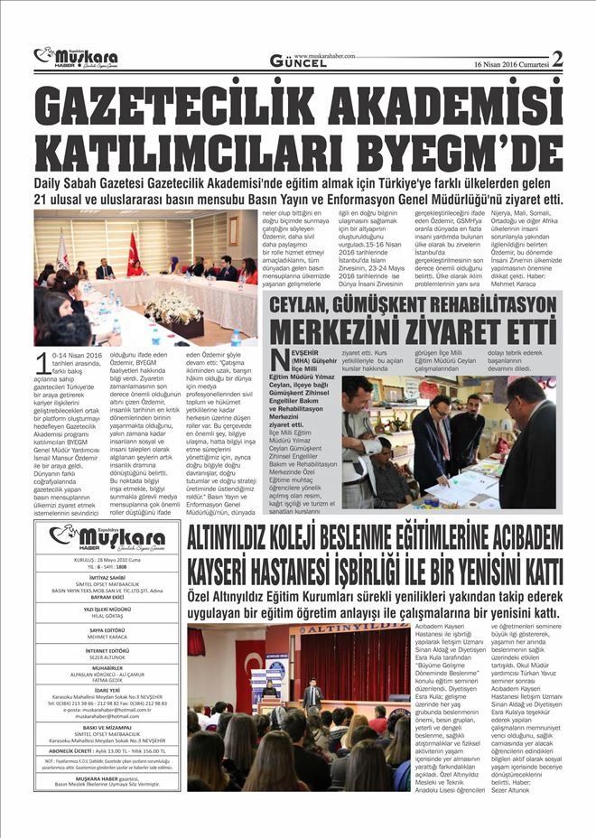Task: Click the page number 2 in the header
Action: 557,59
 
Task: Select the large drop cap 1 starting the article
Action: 44,364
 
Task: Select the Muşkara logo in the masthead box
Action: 107,537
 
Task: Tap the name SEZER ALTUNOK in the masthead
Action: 107,658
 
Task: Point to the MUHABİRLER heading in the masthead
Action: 107,670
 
